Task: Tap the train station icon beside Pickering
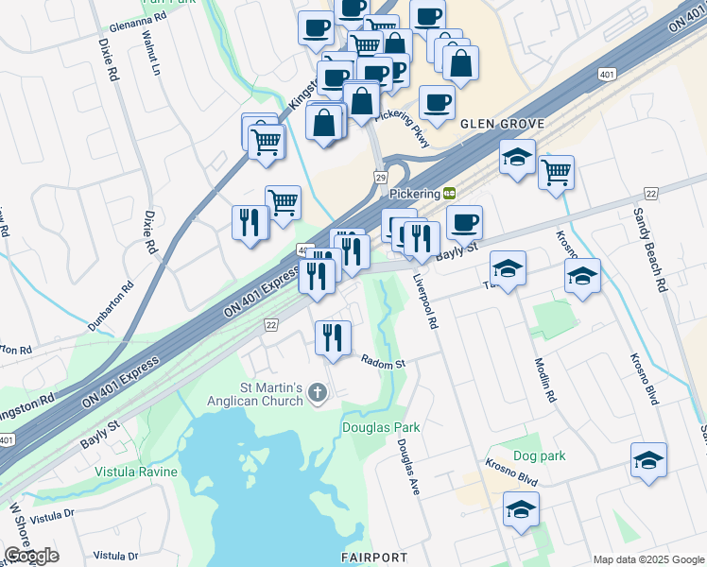pyautogui.click(x=450, y=193)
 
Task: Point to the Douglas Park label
pyautogui.click(x=380, y=427)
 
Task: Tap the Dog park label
pyautogui.click(x=540, y=455)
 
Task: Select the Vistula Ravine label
pyautogui.click(x=135, y=471)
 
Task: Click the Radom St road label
pyautogui.click(x=383, y=361)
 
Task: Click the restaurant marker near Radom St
pyautogui.click(x=333, y=338)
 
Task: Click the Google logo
pyautogui.click(x=31, y=556)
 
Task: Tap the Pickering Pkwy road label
pyautogui.click(x=403, y=129)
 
